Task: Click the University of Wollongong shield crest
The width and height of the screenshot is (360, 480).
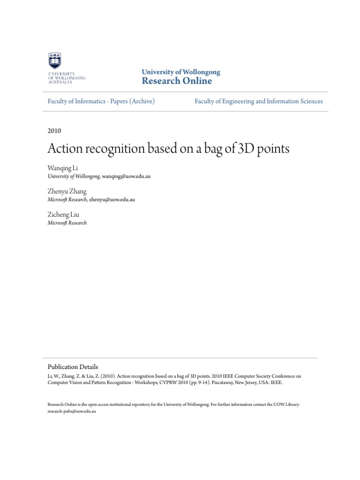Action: (x=55, y=61)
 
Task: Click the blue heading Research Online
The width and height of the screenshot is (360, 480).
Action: (x=177, y=81)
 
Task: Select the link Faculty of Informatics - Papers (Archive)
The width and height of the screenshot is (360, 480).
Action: (x=101, y=101)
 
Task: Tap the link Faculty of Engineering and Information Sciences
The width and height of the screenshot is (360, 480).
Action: (x=259, y=101)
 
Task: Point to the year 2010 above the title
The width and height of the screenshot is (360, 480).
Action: (x=54, y=131)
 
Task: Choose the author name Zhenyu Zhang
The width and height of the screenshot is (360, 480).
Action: (x=67, y=191)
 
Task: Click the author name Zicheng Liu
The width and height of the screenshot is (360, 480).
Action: (x=63, y=214)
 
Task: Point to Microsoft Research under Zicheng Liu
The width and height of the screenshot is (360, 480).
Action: (x=67, y=223)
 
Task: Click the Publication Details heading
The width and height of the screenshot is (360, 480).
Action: (x=73, y=367)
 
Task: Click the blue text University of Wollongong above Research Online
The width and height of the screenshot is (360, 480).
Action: (x=180, y=72)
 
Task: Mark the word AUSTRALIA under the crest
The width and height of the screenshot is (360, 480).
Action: (x=60, y=82)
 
